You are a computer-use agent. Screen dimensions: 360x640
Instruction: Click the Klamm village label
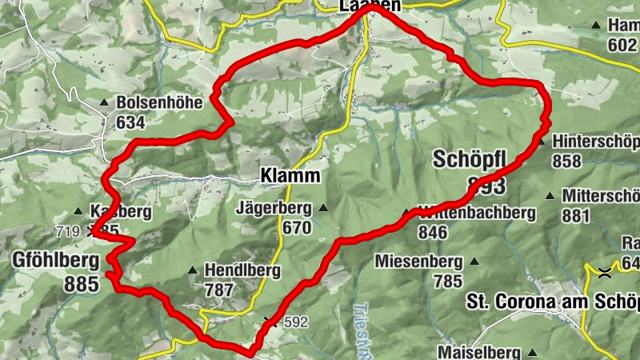click(x=290, y=175)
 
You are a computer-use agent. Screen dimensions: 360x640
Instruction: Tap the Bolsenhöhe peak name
click(x=154, y=103)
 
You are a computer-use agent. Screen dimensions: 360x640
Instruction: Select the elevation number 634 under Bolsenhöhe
click(x=130, y=122)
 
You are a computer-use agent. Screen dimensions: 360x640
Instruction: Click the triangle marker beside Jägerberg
click(x=323, y=209)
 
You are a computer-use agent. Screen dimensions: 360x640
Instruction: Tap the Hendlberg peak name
click(x=242, y=270)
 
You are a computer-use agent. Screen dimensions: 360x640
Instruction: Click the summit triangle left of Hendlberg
click(x=192, y=270)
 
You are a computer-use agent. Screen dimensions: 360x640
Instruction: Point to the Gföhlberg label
click(x=55, y=260)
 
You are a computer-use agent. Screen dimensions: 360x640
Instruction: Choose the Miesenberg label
click(x=418, y=262)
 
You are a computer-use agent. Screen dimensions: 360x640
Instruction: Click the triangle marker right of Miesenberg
click(x=474, y=262)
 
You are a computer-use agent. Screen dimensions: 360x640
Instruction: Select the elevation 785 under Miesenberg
click(x=448, y=281)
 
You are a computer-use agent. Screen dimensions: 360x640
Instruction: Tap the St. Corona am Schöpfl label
click(x=552, y=302)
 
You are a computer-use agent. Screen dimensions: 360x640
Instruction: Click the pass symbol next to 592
click(x=269, y=322)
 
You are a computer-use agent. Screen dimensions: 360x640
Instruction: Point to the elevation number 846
click(x=432, y=232)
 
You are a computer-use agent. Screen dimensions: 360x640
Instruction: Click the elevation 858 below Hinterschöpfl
click(x=566, y=162)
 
